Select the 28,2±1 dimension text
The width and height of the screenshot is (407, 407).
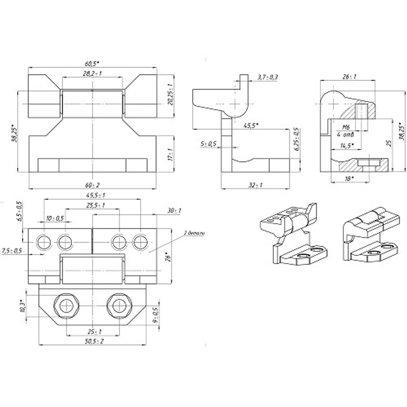click(92, 74)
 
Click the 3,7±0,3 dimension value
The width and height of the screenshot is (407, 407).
click(268, 77)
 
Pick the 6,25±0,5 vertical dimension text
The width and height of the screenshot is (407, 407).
click(296, 140)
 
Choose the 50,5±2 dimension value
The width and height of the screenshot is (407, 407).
click(93, 341)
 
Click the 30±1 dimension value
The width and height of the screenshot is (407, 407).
click(174, 210)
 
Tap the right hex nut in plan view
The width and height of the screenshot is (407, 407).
click(119, 305)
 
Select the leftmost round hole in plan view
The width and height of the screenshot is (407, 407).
click(43, 243)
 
